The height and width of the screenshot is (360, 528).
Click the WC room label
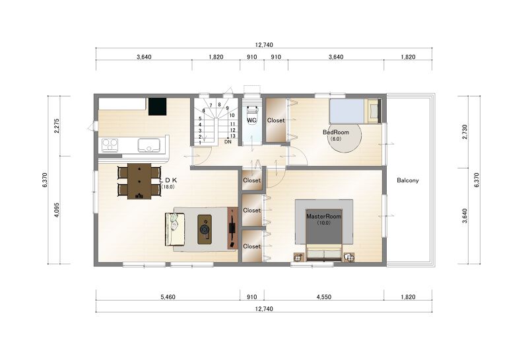tap(251, 120)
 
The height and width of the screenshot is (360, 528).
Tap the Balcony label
tap(407, 180)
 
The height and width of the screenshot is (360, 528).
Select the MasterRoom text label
tap(323, 217)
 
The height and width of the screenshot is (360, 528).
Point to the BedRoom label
tap(336, 132)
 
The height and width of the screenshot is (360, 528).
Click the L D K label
tap(168, 181)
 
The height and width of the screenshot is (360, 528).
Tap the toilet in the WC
tap(252, 115)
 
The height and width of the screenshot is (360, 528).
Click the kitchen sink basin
tap(148, 145)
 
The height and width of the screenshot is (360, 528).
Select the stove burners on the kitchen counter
tap(110, 145)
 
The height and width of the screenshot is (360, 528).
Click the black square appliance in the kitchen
tap(158, 106)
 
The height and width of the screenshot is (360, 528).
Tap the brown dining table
tap(139, 181)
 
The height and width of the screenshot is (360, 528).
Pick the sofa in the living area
tap(175, 229)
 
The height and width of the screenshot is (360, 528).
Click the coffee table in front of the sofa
tap(205, 229)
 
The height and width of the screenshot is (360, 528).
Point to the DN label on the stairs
tap(228, 142)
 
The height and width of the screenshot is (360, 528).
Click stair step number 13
tap(233, 136)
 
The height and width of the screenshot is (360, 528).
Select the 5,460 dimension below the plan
tap(168, 297)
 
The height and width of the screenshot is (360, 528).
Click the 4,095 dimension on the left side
tap(57, 209)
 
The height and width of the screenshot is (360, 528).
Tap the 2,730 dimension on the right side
tap(465, 132)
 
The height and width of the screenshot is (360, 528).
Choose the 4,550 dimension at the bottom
tap(324, 297)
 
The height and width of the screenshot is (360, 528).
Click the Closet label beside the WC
tap(276, 120)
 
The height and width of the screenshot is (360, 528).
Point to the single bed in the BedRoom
tap(354, 111)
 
